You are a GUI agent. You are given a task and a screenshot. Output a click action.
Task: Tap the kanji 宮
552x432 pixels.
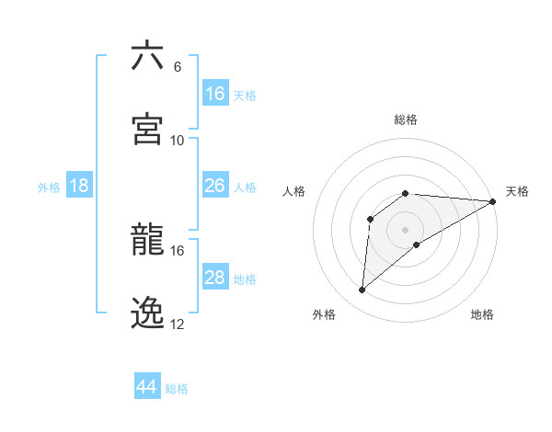[147, 129]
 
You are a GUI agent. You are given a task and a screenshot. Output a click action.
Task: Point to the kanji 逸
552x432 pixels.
[147, 313]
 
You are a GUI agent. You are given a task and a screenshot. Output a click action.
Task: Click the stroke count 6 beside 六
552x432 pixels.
[178, 66]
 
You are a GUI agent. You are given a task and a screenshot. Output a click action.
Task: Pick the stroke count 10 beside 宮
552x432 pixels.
[178, 140]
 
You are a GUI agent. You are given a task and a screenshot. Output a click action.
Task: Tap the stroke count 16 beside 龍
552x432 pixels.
[178, 250]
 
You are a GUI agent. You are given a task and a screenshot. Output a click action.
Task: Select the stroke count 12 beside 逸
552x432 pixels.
[178, 324]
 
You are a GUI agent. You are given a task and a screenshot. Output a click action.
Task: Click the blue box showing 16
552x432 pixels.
[215, 93]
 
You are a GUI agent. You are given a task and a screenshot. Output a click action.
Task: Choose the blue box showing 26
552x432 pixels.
[215, 186]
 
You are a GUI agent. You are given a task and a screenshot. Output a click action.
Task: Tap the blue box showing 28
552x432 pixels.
[215, 278]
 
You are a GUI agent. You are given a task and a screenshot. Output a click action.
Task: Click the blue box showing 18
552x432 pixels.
[79, 186]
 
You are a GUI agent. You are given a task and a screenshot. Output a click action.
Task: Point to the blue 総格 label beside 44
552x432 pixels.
[177, 389]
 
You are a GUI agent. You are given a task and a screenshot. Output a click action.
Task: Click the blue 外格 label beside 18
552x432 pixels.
[49, 188]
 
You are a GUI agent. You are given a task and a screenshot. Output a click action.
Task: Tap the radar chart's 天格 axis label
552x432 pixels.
[517, 191]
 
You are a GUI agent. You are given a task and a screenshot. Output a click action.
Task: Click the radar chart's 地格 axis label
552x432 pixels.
[482, 314]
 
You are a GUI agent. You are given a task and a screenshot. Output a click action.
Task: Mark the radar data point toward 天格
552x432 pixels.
[493, 201]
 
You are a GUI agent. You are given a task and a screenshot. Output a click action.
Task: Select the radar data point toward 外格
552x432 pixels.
[362, 290]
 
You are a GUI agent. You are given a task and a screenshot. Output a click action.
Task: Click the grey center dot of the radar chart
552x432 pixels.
[406, 229]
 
